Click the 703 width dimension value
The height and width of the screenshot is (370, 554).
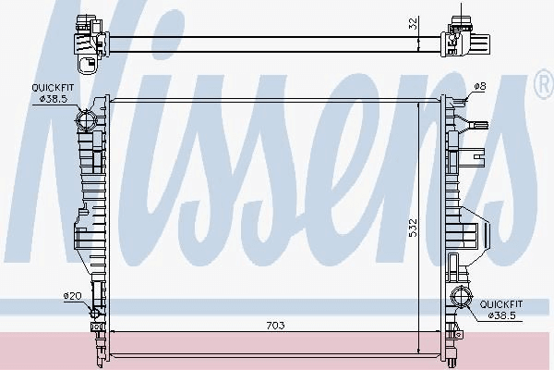[x=275, y=325]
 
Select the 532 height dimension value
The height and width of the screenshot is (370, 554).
[x=413, y=228]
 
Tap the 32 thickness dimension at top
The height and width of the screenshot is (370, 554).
[x=413, y=23]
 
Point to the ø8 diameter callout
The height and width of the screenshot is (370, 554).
[x=480, y=86]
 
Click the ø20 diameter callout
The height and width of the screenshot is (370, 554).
[x=72, y=296]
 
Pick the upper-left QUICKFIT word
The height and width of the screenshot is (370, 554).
[x=53, y=88]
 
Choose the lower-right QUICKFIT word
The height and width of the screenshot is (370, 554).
[x=501, y=304]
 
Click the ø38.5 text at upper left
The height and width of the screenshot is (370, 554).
[x=54, y=99]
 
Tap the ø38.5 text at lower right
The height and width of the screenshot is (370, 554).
[x=501, y=315]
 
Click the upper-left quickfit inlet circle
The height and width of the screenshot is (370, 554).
[x=86, y=119]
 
